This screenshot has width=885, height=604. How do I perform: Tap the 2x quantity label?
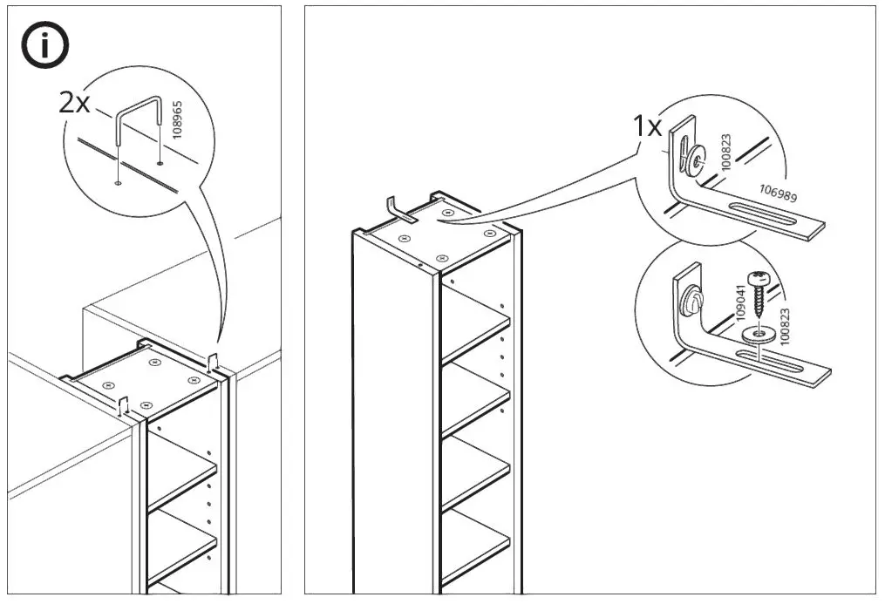pos(74,103)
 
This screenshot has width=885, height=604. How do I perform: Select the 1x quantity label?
pos(648,126)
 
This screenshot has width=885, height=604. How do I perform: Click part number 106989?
pos(778,193)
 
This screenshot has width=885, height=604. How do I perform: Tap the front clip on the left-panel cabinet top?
pos(124,404)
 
